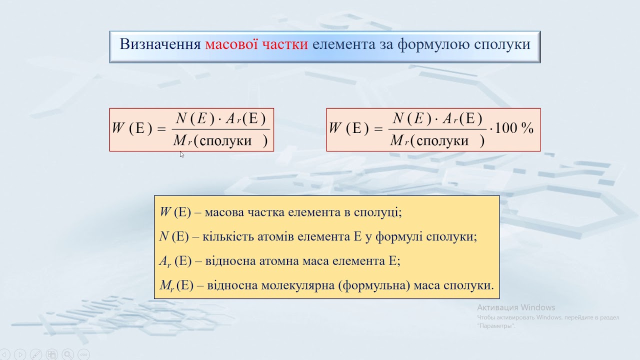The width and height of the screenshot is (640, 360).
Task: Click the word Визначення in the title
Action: tap(160, 44)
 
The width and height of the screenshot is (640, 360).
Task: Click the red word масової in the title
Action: tap(231, 44)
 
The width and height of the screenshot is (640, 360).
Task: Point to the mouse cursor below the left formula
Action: tap(181, 154)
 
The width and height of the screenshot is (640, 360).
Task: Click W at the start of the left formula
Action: tap(118, 128)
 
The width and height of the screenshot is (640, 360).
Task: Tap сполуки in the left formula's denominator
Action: tap(225, 141)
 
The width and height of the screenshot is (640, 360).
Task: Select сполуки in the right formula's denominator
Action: tap(442, 141)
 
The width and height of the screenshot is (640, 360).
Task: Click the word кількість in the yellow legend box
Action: tap(227, 236)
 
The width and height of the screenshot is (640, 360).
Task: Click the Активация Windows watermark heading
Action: tap(516, 307)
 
